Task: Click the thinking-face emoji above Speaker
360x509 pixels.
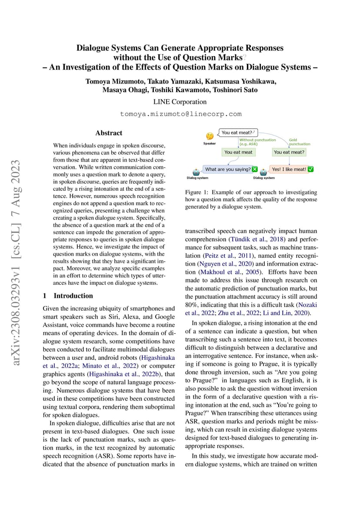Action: [x=210, y=136]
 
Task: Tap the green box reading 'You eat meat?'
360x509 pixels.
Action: [x=289, y=152]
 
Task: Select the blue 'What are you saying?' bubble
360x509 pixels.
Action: [x=227, y=169]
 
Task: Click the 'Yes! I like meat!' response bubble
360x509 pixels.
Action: [x=289, y=169]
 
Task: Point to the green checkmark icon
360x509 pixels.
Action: [x=310, y=169]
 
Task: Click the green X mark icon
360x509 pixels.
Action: [x=255, y=169]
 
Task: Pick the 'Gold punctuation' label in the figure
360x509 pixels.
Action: [x=300, y=142]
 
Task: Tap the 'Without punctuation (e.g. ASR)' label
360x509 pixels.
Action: [x=257, y=142]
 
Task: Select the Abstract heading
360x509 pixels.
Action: [x=109, y=133]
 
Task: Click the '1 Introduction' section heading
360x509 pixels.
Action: [x=68, y=296]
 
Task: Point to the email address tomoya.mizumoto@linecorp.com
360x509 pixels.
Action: [x=180, y=114]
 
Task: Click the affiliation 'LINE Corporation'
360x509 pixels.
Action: [x=180, y=102]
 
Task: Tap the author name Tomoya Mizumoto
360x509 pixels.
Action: [x=114, y=81]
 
